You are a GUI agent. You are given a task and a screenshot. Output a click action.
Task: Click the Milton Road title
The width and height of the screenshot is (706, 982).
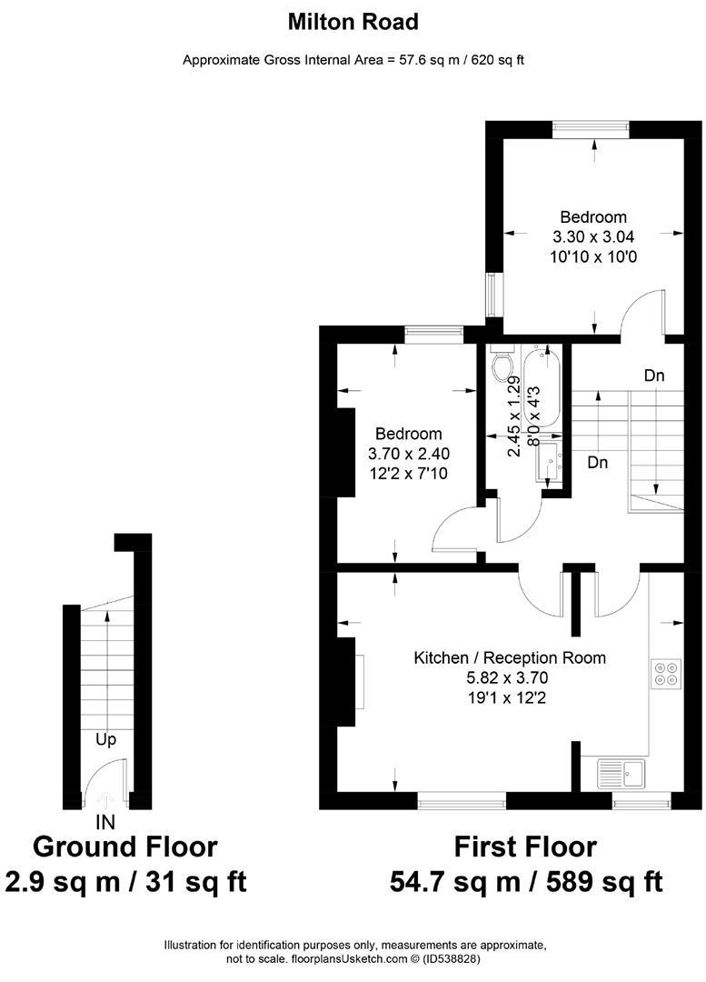[353, 21]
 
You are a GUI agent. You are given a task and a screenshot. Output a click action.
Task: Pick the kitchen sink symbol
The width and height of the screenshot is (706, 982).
[620, 774]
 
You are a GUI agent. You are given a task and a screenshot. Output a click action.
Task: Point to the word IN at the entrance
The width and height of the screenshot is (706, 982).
[105, 823]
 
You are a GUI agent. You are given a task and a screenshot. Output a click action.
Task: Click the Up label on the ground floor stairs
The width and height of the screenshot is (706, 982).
[105, 739]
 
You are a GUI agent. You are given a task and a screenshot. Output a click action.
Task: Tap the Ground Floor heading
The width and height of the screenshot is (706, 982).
[124, 847]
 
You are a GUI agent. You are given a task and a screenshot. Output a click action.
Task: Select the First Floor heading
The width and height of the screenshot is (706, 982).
[525, 847]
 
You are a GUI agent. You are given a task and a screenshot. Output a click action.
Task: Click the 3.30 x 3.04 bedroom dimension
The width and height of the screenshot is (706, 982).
[593, 237]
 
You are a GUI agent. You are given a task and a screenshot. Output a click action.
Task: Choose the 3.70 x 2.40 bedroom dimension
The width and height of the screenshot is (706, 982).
[409, 454]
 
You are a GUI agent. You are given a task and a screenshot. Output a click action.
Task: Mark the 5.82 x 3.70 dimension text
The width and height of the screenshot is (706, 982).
[509, 677]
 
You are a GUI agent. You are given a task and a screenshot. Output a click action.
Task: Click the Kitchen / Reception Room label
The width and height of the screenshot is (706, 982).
[509, 657]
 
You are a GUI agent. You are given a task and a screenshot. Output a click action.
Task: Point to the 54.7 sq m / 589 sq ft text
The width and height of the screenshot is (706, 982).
[525, 881]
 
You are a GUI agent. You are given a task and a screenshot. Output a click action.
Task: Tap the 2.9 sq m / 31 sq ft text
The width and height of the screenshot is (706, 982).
[125, 881]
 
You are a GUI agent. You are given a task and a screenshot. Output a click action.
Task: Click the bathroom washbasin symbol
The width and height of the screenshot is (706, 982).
[552, 462]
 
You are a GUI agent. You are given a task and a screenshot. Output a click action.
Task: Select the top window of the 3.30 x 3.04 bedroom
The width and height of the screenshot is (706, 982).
[592, 129]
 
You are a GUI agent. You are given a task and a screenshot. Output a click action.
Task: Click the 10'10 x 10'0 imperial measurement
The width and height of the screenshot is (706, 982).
[593, 257]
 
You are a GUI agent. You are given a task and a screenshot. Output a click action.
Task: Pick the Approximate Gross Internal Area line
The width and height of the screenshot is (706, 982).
[353, 60]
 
